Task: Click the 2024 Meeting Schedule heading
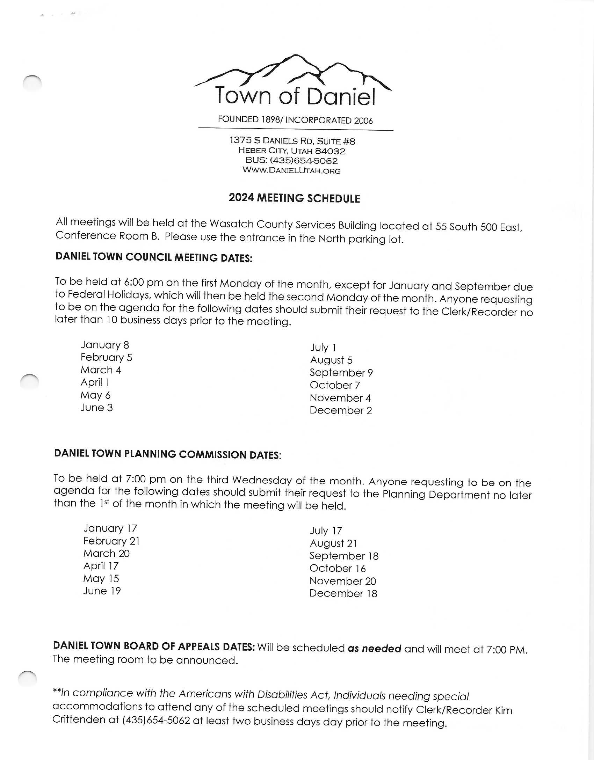pyautogui.click(x=294, y=198)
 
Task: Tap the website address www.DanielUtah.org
pyautogui.click(x=291, y=170)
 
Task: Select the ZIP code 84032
pyautogui.click(x=330, y=151)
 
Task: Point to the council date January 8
pyautogui.click(x=105, y=345)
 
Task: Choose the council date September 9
pyautogui.click(x=341, y=373)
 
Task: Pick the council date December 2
pyautogui.click(x=341, y=410)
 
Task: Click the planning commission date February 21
pyautogui.click(x=111, y=541)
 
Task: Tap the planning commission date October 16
pyautogui.click(x=338, y=568)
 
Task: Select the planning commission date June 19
pyautogui.click(x=102, y=591)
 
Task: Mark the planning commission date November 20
pyautogui.click(x=342, y=581)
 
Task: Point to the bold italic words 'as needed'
pyautogui.click(x=374, y=649)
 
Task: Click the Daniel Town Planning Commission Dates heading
pyautogui.click(x=167, y=454)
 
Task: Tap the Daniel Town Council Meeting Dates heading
pyautogui.click(x=154, y=257)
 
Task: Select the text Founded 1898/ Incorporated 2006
pyautogui.click(x=295, y=120)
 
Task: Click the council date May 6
pyautogui.click(x=95, y=395)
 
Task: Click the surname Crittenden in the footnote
pyautogui.click(x=86, y=719)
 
